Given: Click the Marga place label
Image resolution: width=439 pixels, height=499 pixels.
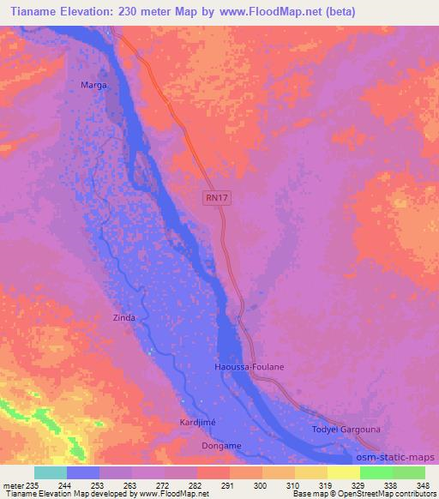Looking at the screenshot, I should coord(93,86).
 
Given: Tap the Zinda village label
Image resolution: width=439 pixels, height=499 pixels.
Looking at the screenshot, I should coord(124,317).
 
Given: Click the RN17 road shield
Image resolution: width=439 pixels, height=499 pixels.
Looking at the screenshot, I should coord(219,197).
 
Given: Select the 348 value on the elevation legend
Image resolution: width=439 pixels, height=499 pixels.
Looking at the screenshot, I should coord(424,485).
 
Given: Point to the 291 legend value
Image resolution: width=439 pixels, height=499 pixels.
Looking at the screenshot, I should coord(227,485).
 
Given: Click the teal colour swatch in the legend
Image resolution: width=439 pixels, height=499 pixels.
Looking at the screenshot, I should coord(51,472).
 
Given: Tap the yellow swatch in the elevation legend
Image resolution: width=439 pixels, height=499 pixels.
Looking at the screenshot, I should coord(343,472).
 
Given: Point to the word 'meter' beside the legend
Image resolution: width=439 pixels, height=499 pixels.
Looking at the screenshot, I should coord(13,485).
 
